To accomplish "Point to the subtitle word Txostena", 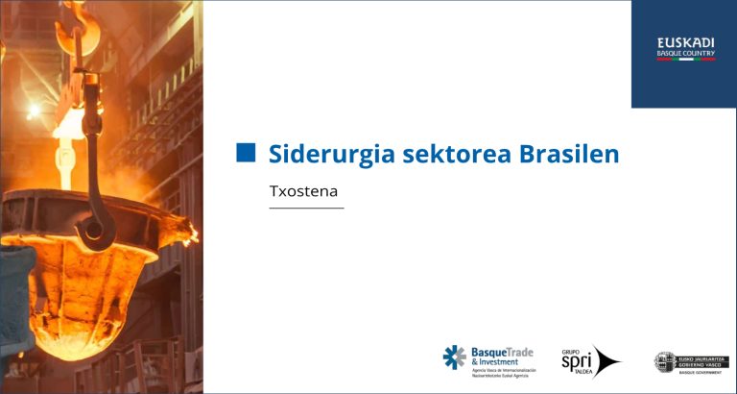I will coord(304,191).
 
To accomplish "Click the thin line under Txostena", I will coord(306,208).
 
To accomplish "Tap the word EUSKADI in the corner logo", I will coord(685,42).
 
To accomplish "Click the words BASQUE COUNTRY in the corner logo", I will coord(685,53).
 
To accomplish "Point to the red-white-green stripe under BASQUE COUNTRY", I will coord(685,60).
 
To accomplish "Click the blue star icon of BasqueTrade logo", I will coord(454,357).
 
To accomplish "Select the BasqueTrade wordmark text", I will coord(502,352).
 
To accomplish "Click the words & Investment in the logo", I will coord(495,362).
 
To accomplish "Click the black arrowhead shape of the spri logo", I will coord(607,362).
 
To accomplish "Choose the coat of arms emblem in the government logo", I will coord(664,361).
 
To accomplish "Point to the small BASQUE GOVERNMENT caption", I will coord(692,373).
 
